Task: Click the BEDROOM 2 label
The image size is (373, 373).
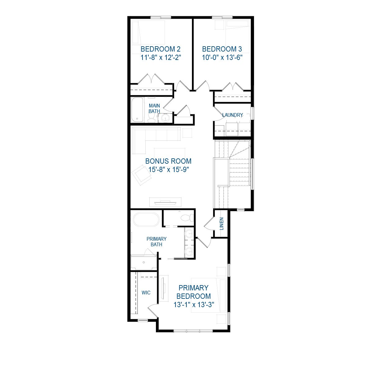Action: (x=161, y=49)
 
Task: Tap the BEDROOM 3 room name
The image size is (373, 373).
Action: (x=222, y=49)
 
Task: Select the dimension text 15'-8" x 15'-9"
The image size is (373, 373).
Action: (x=168, y=170)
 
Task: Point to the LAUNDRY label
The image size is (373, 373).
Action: (x=233, y=115)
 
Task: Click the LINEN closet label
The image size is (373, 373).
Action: (x=222, y=224)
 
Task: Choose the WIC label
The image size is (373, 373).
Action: (x=146, y=293)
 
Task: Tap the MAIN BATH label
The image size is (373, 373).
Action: (x=154, y=108)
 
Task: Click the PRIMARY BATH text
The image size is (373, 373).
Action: (x=157, y=242)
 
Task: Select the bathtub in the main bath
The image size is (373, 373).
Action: (x=137, y=110)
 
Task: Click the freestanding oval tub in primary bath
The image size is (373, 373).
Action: (x=146, y=220)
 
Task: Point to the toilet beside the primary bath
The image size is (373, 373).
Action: (x=187, y=218)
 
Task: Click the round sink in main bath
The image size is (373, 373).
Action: (x=165, y=118)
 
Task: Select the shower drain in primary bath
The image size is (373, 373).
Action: (x=144, y=262)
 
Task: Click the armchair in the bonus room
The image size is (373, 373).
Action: (x=141, y=175)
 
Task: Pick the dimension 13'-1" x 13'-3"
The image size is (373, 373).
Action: (x=194, y=305)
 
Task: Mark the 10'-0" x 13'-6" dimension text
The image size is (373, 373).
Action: (x=222, y=57)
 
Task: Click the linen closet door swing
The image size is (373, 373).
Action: (x=209, y=223)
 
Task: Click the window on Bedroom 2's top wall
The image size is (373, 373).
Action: (x=161, y=17)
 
